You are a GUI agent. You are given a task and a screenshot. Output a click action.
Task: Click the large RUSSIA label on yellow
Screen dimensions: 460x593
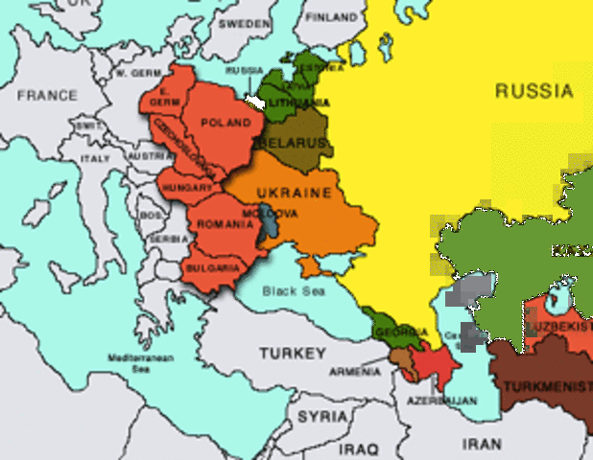[x=534, y=92]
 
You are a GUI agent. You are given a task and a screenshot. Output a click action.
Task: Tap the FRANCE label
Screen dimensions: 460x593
[x=46, y=96]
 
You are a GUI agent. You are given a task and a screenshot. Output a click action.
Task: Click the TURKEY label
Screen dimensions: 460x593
[x=293, y=354]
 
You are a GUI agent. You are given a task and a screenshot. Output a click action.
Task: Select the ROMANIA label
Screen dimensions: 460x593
[x=225, y=223]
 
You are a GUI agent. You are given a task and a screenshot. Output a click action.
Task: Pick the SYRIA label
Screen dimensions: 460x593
[x=321, y=417]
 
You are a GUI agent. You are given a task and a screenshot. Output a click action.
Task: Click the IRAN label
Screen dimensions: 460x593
[x=482, y=445]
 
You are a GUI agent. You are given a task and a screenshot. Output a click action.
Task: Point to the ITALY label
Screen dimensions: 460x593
[x=95, y=158]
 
